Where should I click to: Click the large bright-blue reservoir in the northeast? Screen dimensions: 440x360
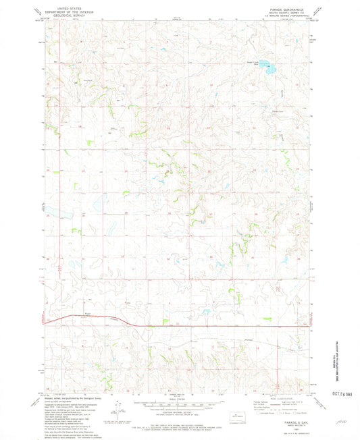point(269,69)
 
